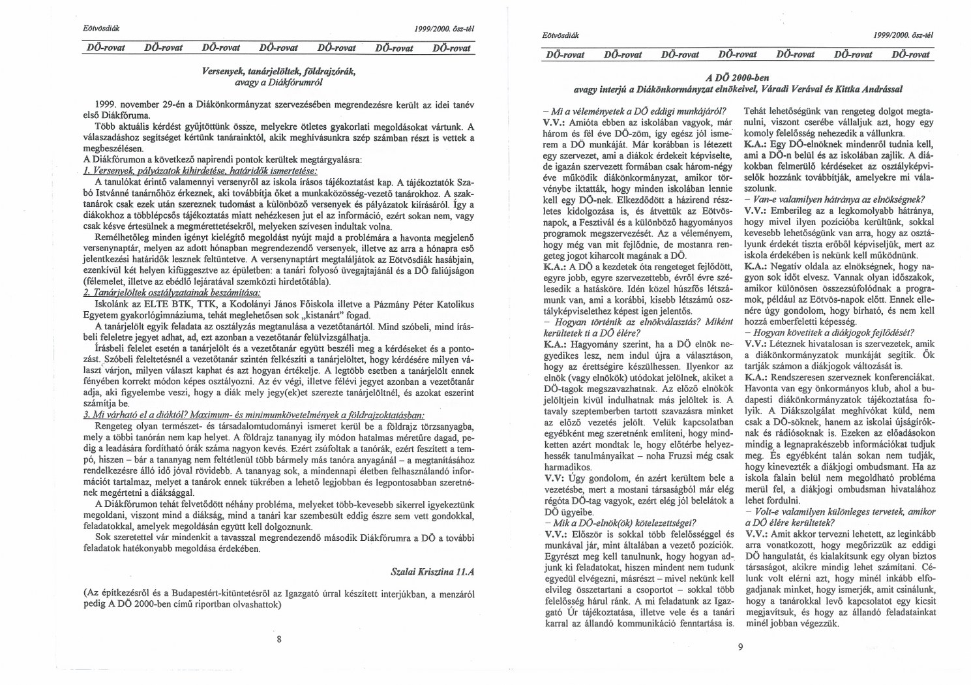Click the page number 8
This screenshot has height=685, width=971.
tap(279, 639)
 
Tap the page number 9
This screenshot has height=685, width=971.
tap(739, 647)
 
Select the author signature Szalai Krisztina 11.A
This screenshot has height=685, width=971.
tap(432, 571)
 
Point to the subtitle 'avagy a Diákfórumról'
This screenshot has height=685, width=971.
tap(278, 83)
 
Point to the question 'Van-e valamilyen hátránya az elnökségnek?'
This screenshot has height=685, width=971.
tap(835, 198)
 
